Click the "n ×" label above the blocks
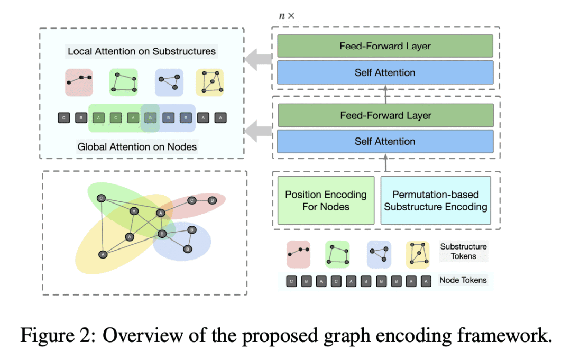tap(287, 16)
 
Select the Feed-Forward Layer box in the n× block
tap(385, 46)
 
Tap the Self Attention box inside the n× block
tap(385, 72)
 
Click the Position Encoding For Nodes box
tap(326, 201)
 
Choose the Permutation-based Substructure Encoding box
tap(436, 201)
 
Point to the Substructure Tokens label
tap(463, 252)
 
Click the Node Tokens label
tap(463, 280)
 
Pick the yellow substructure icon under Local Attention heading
tap(209, 82)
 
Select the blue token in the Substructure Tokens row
tap(379, 254)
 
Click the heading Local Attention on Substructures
tap(142, 52)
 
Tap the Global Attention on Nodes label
tap(137, 146)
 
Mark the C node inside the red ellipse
tap(191, 200)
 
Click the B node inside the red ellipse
tap(211, 200)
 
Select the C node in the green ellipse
tap(102, 199)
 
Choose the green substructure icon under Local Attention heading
tap(123, 82)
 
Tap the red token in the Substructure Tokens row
tap(298, 254)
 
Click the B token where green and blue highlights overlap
tap(151, 117)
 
